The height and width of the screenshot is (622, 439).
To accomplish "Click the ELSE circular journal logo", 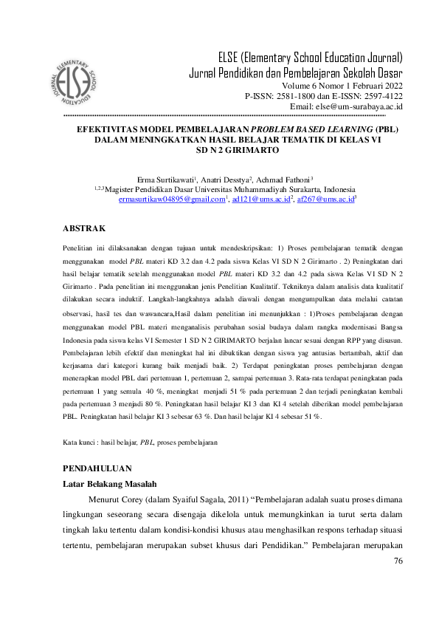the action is click(x=73, y=78).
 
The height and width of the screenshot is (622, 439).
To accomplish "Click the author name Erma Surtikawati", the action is click(x=164, y=180).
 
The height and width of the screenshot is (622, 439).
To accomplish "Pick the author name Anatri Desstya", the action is click(x=225, y=180).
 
